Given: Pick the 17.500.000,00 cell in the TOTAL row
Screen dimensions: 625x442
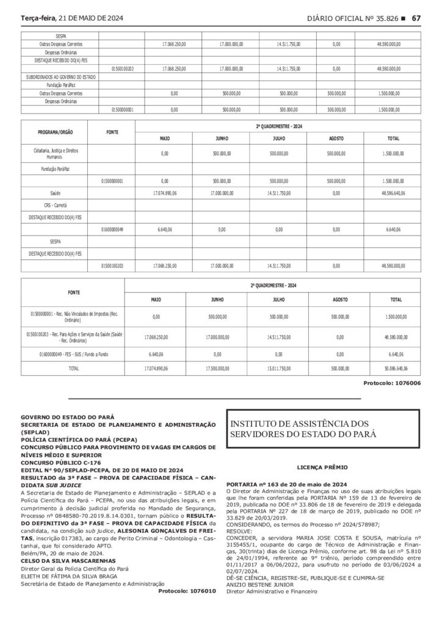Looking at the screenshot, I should click(217, 369).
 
